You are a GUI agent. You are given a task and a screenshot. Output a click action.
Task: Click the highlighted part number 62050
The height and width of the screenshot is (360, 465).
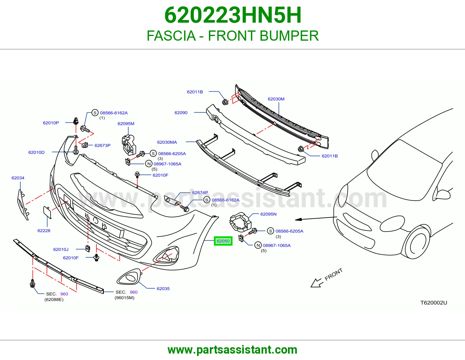(223, 241)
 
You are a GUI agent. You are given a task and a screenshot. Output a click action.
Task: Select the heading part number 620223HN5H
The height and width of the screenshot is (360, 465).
(233, 15)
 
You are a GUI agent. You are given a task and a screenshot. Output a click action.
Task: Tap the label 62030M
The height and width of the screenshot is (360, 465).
(276, 99)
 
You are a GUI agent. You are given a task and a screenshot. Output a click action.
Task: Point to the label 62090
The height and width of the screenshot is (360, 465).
(181, 113)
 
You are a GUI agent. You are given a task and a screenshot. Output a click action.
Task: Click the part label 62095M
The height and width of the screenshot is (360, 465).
(126, 124)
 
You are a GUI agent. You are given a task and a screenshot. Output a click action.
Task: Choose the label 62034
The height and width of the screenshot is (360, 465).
(18, 178)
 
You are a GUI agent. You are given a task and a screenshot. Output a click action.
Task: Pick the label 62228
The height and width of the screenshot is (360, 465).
(44, 231)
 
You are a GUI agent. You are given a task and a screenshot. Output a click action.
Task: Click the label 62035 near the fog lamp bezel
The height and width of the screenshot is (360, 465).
(163, 289)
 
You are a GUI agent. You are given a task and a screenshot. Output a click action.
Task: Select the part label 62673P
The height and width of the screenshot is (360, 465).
(103, 145)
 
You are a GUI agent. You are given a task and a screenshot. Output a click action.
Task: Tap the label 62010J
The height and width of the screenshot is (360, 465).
(61, 249)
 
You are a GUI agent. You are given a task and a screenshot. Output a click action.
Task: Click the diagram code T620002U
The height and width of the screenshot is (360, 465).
(434, 303)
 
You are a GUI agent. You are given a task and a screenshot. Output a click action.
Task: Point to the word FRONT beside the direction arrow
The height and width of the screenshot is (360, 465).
(333, 274)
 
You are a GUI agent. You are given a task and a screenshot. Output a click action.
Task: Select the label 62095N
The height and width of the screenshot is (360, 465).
(268, 214)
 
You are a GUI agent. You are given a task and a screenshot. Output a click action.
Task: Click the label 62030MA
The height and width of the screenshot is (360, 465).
(167, 142)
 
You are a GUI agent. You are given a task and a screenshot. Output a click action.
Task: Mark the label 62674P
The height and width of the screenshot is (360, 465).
(200, 192)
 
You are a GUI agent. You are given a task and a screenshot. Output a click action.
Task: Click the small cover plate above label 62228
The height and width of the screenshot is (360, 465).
(47, 212)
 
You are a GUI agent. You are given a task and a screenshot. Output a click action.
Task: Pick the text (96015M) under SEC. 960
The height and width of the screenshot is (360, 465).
(124, 298)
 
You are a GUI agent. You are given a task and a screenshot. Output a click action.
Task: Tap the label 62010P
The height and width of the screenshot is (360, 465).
(51, 123)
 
